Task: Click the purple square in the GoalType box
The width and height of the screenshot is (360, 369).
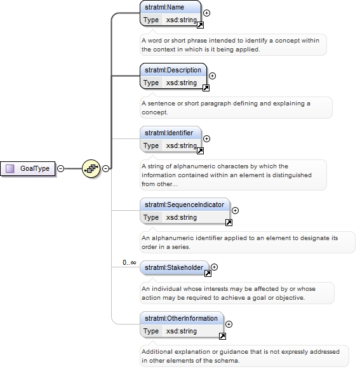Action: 10,168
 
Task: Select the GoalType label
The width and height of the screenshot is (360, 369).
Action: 35,168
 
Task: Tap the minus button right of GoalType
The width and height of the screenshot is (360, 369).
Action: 61,168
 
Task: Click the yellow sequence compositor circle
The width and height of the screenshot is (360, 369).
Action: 91,168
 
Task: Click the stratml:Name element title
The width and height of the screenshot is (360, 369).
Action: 164,7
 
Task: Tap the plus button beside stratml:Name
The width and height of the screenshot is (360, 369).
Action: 206,13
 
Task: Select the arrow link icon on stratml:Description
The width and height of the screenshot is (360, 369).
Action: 206,88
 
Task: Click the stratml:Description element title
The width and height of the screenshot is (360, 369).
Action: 173,70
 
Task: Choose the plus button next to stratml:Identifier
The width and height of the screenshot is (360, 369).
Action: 206,139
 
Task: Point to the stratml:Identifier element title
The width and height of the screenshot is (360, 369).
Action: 169,133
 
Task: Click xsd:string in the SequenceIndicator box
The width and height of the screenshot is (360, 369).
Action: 182,217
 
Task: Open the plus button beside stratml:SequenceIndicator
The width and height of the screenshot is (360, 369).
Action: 236,211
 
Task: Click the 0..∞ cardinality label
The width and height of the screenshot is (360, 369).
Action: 130,262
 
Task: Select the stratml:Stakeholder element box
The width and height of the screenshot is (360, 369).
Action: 175,268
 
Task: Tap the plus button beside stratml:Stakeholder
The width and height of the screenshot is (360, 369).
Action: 214,267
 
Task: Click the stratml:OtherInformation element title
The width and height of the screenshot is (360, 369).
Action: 181,318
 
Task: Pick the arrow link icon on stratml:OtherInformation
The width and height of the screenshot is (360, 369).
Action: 222,336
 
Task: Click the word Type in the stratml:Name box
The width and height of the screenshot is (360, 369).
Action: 151,20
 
